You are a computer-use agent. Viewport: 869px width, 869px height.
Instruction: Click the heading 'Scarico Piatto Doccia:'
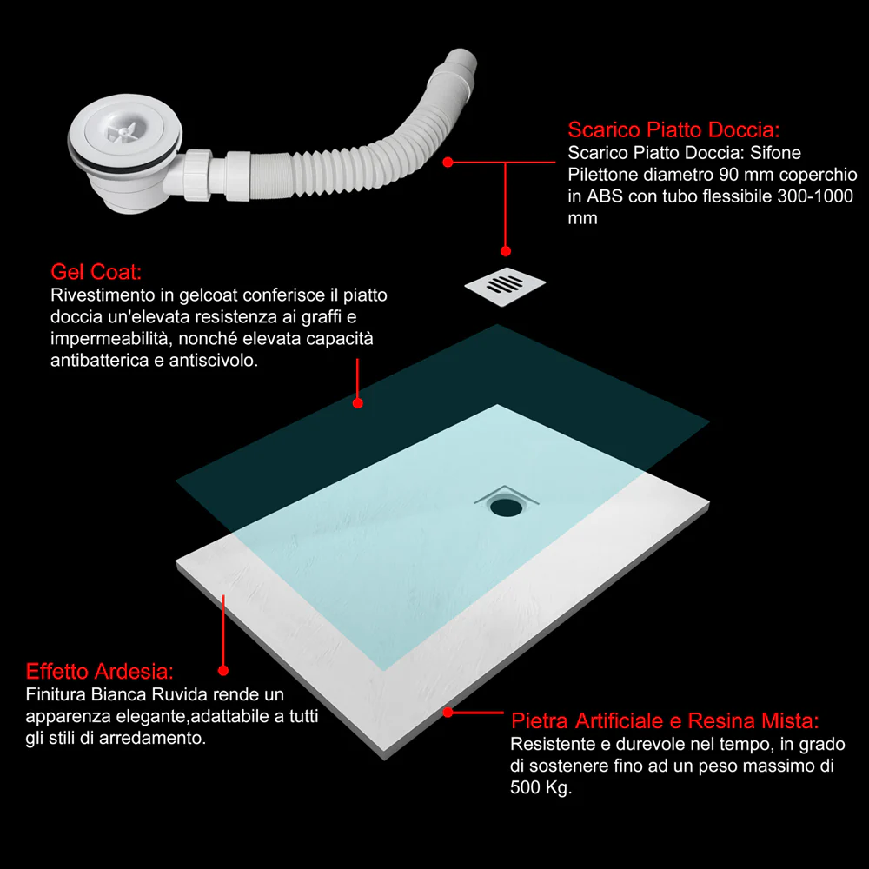click(x=673, y=129)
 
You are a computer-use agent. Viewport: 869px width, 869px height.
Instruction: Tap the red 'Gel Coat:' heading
click(x=96, y=272)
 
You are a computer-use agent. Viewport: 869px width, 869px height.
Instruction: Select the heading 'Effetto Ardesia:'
click(x=100, y=672)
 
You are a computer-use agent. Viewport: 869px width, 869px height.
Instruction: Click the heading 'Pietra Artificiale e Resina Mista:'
click(x=665, y=721)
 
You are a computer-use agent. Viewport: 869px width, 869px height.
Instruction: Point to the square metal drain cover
click(x=505, y=286)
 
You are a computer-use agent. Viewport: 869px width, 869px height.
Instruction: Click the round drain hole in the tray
click(x=506, y=507)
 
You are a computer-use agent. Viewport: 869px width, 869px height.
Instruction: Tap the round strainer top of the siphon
click(x=124, y=132)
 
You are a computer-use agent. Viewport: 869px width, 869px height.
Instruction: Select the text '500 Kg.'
click(x=541, y=787)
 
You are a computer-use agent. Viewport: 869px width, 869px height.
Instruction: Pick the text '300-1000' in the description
click(x=815, y=196)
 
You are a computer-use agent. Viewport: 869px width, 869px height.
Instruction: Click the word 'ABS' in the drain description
click(x=605, y=196)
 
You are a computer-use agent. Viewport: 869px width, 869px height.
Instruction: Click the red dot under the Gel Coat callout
click(x=358, y=403)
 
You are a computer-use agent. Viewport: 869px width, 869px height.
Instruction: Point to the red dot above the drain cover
click(x=506, y=251)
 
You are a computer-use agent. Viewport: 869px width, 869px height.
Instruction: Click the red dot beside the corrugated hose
click(x=448, y=162)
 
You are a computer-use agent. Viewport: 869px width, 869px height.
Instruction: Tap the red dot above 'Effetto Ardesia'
click(x=223, y=671)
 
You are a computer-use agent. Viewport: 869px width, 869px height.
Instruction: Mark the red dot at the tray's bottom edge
click(x=448, y=713)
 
